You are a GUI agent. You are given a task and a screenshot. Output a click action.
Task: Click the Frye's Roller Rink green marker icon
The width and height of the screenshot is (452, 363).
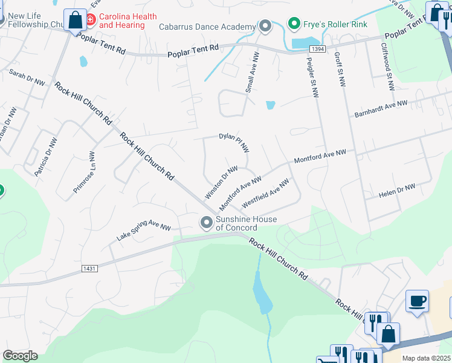point(294,24)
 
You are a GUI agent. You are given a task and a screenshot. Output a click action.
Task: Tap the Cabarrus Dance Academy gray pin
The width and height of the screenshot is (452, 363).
point(265,26)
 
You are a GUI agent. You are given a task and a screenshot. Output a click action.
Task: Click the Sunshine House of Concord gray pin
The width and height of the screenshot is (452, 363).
point(207,223)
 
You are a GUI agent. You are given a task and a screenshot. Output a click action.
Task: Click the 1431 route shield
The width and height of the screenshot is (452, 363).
point(88,267)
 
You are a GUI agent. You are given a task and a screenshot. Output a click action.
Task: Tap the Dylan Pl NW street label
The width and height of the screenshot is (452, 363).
point(234,143)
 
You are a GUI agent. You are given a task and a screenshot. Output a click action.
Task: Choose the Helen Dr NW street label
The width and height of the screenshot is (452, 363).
point(396,191)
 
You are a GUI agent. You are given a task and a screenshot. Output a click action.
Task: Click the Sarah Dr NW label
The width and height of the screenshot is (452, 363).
point(27,77)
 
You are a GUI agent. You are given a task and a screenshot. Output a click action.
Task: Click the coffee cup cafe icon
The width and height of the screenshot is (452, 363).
point(417,301)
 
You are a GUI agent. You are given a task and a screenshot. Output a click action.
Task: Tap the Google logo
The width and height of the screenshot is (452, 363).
point(21,356)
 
